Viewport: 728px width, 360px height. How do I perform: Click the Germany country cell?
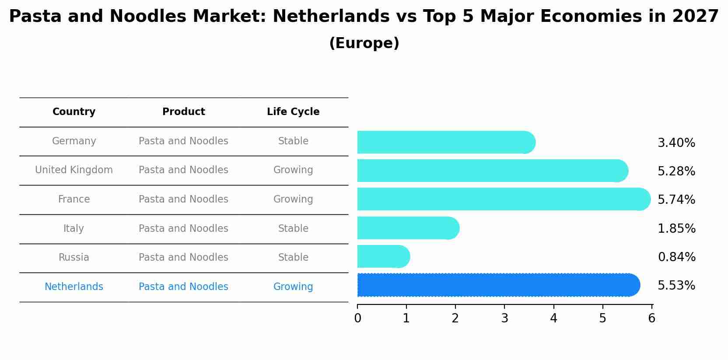pos(74,141)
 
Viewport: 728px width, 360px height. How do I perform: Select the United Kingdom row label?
pos(74,170)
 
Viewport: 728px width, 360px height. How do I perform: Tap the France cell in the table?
pos(74,199)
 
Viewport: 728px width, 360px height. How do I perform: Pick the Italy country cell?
pos(73,229)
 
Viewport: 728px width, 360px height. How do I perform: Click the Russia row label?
pos(74,258)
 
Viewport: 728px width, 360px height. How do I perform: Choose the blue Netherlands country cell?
pos(74,287)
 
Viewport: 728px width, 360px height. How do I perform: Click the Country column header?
pos(74,112)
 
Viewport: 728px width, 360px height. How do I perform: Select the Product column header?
pos(184,112)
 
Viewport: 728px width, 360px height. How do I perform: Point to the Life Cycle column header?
pos(293,112)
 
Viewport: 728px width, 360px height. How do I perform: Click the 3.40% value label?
pos(676,143)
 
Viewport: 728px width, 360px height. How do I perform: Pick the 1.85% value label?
pos(676,229)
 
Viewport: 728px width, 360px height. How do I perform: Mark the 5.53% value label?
pos(676,286)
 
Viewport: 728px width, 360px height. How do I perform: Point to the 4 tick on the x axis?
pos(554,318)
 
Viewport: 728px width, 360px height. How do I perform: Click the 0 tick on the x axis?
pos(358,318)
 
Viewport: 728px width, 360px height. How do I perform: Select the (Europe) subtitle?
pos(364,43)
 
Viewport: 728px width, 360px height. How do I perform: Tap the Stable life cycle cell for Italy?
pos(293,229)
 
